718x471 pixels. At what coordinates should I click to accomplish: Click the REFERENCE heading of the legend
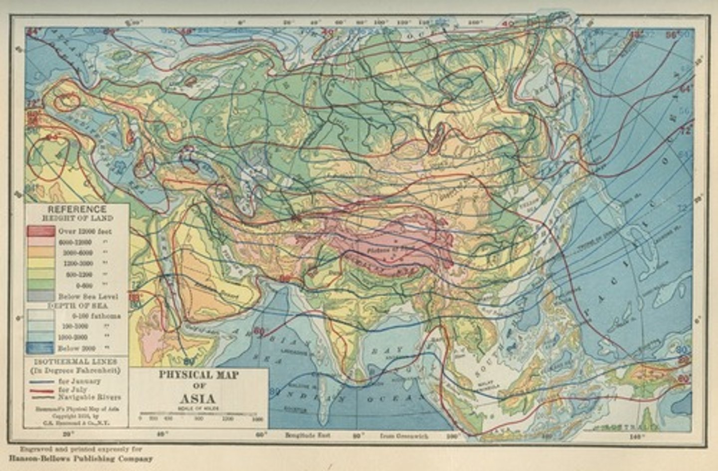[x=77, y=209]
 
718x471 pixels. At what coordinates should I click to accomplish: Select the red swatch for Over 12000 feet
[x=41, y=232]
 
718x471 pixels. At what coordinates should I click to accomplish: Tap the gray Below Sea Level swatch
[x=41, y=296]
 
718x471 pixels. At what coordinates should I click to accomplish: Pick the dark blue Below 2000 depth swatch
[x=41, y=348]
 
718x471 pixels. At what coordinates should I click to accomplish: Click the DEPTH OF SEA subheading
[x=77, y=305]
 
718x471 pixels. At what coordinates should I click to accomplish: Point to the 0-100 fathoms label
[x=96, y=316]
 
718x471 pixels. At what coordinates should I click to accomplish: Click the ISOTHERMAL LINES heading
[x=77, y=361]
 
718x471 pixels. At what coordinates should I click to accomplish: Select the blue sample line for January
[x=42, y=382]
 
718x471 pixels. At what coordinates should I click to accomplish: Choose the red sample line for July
[x=42, y=390]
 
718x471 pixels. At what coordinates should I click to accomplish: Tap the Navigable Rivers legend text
[x=89, y=397]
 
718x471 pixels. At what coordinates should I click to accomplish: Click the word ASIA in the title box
[x=197, y=399]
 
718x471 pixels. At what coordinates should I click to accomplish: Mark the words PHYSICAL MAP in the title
[x=198, y=375]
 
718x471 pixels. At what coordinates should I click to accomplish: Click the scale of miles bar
[x=198, y=414]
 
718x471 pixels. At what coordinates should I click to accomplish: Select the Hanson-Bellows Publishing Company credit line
[x=80, y=458]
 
